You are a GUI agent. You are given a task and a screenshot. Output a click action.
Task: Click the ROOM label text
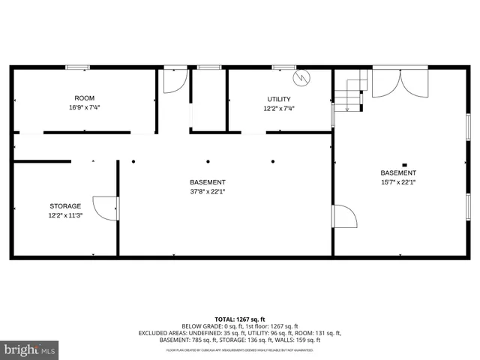click(85, 98)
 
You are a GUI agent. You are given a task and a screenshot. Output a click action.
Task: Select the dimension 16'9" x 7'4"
click(85, 107)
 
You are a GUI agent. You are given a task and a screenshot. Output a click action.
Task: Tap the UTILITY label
click(279, 99)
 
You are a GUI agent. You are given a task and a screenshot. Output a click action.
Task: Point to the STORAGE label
click(65, 205)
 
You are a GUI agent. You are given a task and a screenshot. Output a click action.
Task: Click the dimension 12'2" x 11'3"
click(65, 215)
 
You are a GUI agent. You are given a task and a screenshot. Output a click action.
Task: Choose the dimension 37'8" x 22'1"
click(207, 191)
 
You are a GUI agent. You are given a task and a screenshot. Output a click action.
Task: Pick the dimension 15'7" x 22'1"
click(398, 182)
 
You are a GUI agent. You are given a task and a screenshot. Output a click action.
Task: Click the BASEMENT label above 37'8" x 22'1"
click(207, 182)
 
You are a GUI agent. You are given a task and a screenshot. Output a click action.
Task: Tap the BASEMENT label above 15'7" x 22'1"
click(398, 173)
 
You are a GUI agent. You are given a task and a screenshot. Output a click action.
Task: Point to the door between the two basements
click(343, 217)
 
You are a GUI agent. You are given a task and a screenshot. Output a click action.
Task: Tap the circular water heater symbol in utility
click(301, 76)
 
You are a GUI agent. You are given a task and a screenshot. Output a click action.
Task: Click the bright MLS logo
click(30, 349)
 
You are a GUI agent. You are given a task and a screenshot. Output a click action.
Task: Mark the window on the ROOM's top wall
click(77, 67)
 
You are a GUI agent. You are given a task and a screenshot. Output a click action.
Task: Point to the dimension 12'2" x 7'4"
click(279, 108)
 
